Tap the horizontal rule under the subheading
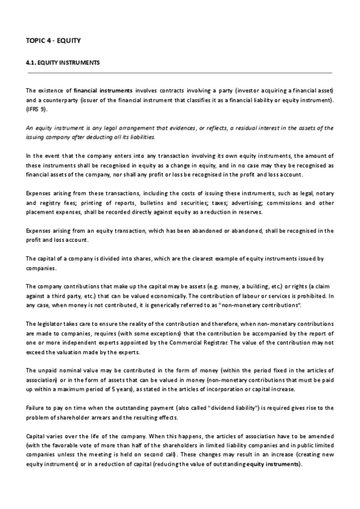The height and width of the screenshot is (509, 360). coord(179,73)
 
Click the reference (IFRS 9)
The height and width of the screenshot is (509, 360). coord(37,110)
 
